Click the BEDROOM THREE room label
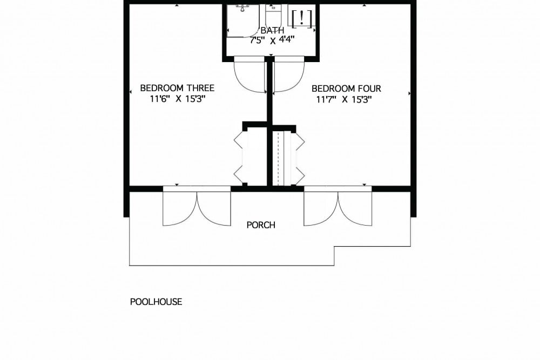[x=177, y=88]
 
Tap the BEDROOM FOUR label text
[x=346, y=89]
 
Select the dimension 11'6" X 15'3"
[x=177, y=99]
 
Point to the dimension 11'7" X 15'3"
[x=344, y=100]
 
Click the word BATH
[x=272, y=30]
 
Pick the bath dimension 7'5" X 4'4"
[x=272, y=40]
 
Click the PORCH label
[x=261, y=225]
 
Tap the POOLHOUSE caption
[x=156, y=302]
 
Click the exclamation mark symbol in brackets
[x=302, y=18]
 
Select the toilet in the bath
[x=272, y=14]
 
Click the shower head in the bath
[x=242, y=8]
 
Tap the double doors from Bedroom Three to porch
[x=197, y=207]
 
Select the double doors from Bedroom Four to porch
[x=338, y=207]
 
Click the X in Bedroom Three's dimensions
[x=178, y=99]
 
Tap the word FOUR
[x=370, y=89]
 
